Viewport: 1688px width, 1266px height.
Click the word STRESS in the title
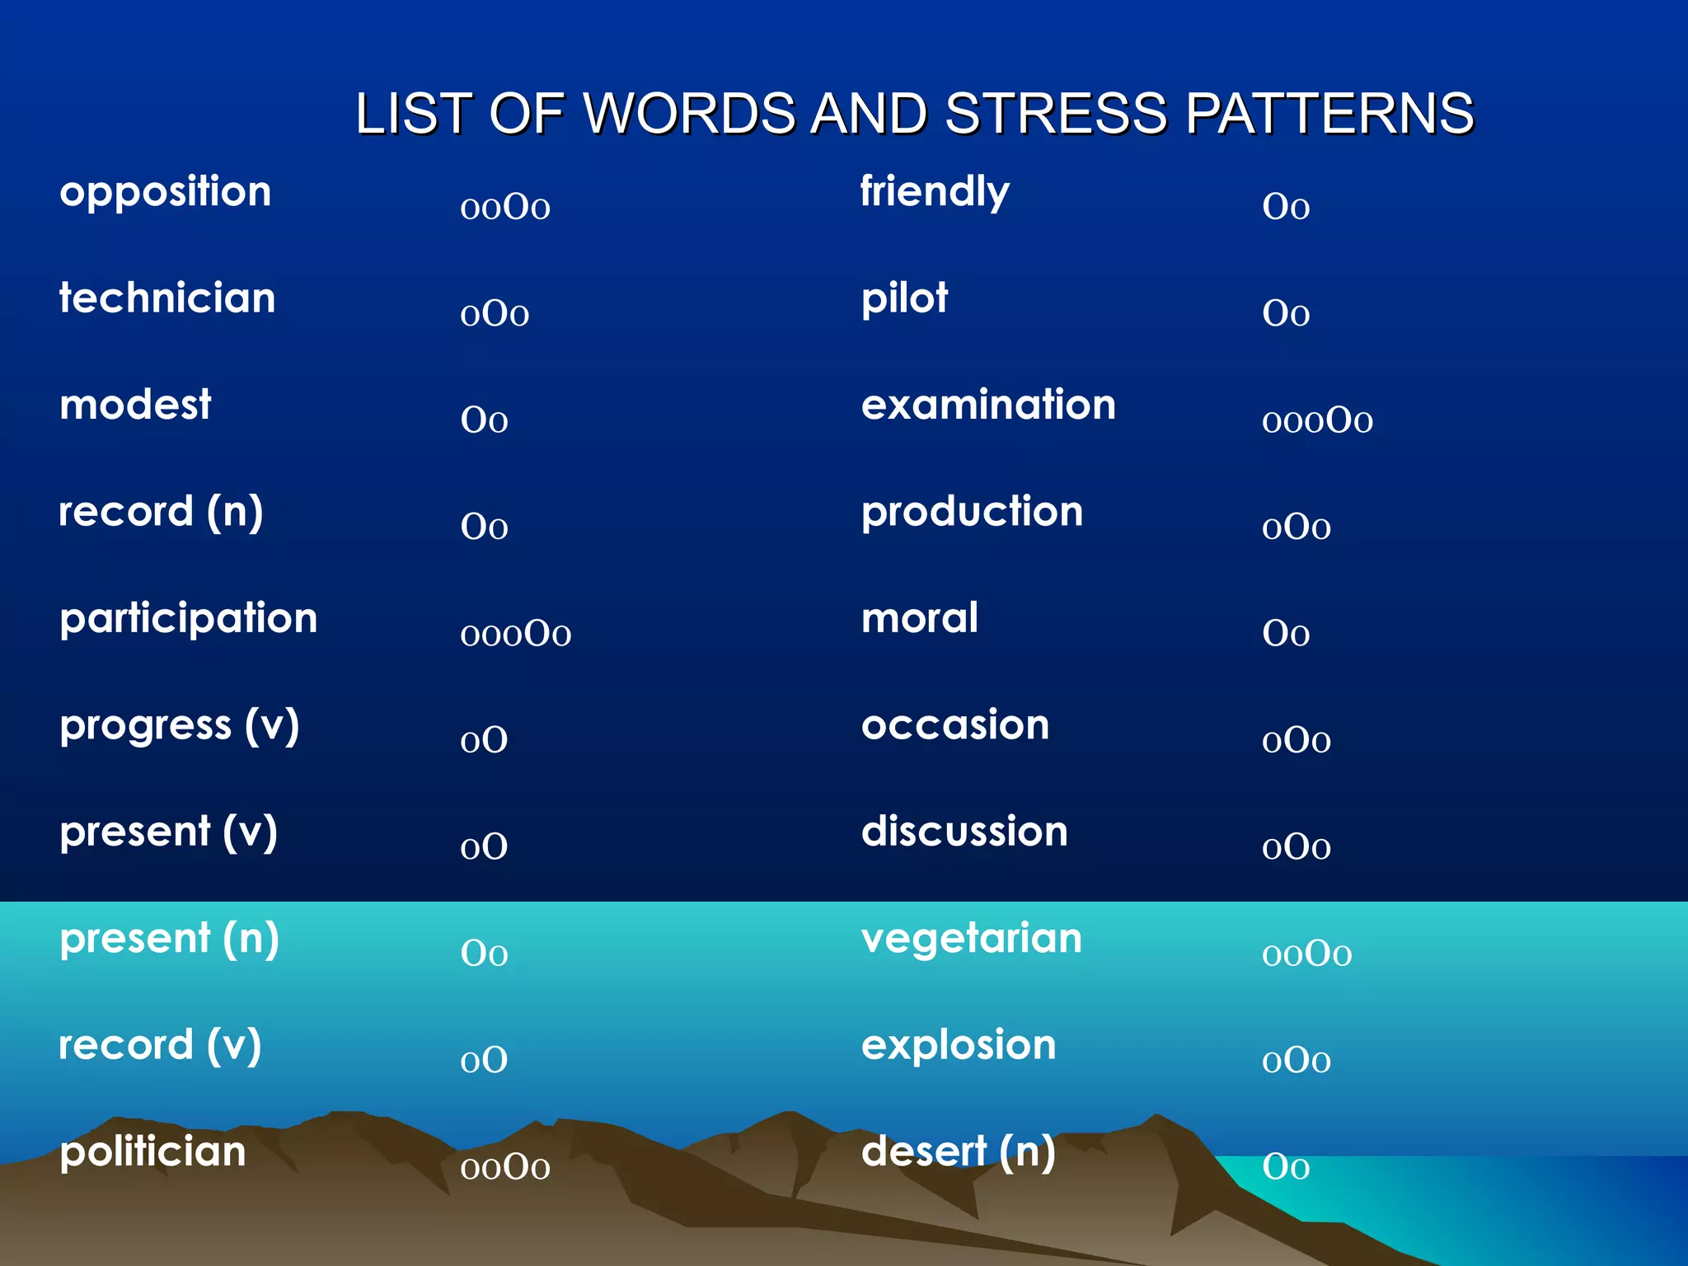pyautogui.click(x=1056, y=113)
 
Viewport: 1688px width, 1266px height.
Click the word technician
pyautogui.click(x=167, y=298)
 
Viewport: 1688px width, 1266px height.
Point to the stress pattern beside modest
pyautogui.click(x=484, y=420)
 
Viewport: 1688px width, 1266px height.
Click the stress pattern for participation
pyautogui.click(x=515, y=634)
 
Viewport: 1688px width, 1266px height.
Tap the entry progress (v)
pyautogui.click(x=179, y=726)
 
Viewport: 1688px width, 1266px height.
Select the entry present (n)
pyautogui.click(x=169, y=940)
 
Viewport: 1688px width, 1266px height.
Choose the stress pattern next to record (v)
pyautogui.click(x=484, y=1060)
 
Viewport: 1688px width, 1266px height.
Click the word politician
pyautogui.click(x=152, y=1151)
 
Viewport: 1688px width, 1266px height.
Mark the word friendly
pyautogui.click(x=935, y=193)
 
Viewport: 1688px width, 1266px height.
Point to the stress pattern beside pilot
pyautogui.click(x=1286, y=314)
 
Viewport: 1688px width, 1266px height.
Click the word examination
pyautogui.click(x=988, y=405)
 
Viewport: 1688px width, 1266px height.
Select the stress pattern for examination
pyautogui.click(x=1317, y=421)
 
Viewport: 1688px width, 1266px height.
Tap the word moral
pyautogui.click(x=920, y=618)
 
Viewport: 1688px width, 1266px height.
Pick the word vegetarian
pyautogui.click(x=972, y=939)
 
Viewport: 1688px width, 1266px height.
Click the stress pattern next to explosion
pyautogui.click(x=1296, y=1060)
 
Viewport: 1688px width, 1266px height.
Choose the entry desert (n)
pyautogui.click(x=959, y=1151)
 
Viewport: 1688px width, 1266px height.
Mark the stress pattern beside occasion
pyautogui.click(x=1296, y=740)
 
